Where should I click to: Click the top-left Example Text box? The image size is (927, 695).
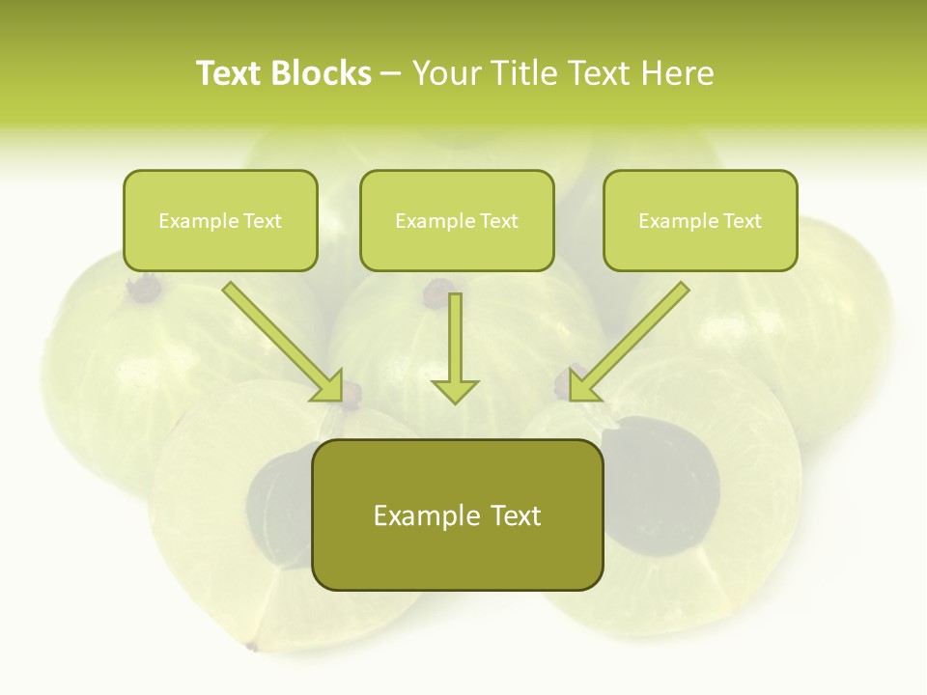point(220,220)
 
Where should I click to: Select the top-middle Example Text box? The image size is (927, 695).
point(457,220)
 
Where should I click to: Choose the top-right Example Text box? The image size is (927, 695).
point(700,220)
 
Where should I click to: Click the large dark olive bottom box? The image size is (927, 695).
point(457,514)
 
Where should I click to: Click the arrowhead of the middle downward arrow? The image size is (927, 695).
point(455,390)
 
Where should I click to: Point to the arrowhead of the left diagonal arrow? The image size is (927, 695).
point(330,387)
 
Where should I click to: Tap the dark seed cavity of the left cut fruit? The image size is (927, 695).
point(275,497)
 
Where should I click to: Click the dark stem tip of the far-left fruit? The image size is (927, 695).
point(146,287)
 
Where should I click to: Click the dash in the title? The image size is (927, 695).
point(391,74)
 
